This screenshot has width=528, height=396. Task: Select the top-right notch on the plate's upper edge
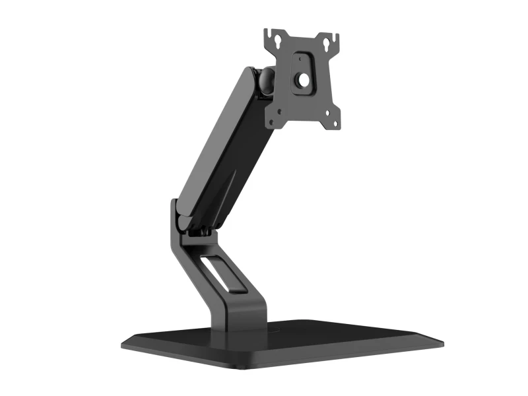click(335, 36)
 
